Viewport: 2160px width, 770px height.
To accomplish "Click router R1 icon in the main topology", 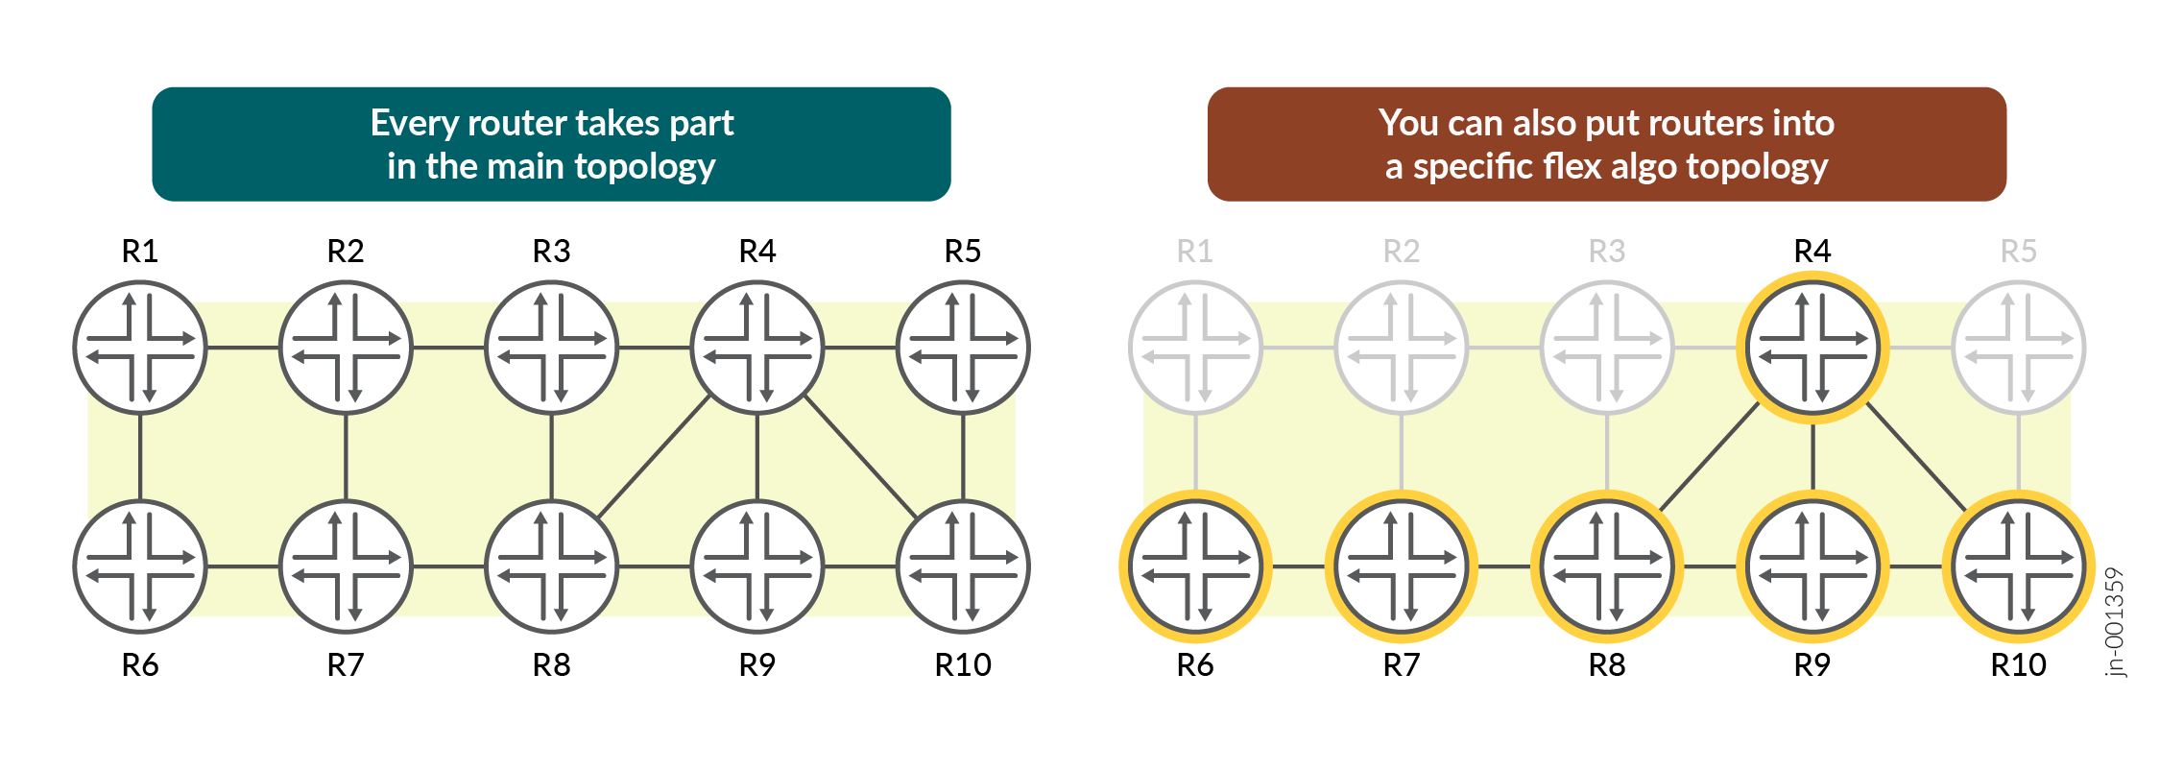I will click(x=140, y=348).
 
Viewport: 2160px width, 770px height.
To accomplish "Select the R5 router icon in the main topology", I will click(x=963, y=348).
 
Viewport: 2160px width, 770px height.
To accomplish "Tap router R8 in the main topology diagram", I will click(x=552, y=566).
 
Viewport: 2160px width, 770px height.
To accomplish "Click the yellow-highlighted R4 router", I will click(x=1812, y=348).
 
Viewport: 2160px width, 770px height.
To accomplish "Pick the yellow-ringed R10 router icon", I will click(x=2018, y=566).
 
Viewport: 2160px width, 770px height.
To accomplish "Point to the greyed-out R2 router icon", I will click(x=1402, y=348).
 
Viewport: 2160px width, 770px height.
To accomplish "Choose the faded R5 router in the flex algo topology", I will click(x=2018, y=348).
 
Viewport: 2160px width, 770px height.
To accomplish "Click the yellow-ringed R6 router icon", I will click(x=1195, y=566).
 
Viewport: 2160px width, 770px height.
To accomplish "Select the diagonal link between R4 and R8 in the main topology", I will click(x=655, y=457).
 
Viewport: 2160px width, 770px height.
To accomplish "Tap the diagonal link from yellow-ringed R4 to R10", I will click(x=1916, y=457).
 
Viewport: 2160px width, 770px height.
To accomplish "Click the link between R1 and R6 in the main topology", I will click(x=140, y=457).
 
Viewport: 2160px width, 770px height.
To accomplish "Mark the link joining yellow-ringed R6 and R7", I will click(x=1299, y=566).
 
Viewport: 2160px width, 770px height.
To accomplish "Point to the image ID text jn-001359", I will click(x=2114, y=622).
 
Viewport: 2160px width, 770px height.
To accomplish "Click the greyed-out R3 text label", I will click(x=1607, y=252).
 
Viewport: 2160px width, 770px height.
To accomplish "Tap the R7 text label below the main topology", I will click(x=346, y=664).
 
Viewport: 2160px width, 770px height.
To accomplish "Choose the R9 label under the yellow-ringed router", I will click(x=1812, y=664).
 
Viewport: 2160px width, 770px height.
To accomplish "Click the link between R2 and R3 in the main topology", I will click(x=449, y=348).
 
